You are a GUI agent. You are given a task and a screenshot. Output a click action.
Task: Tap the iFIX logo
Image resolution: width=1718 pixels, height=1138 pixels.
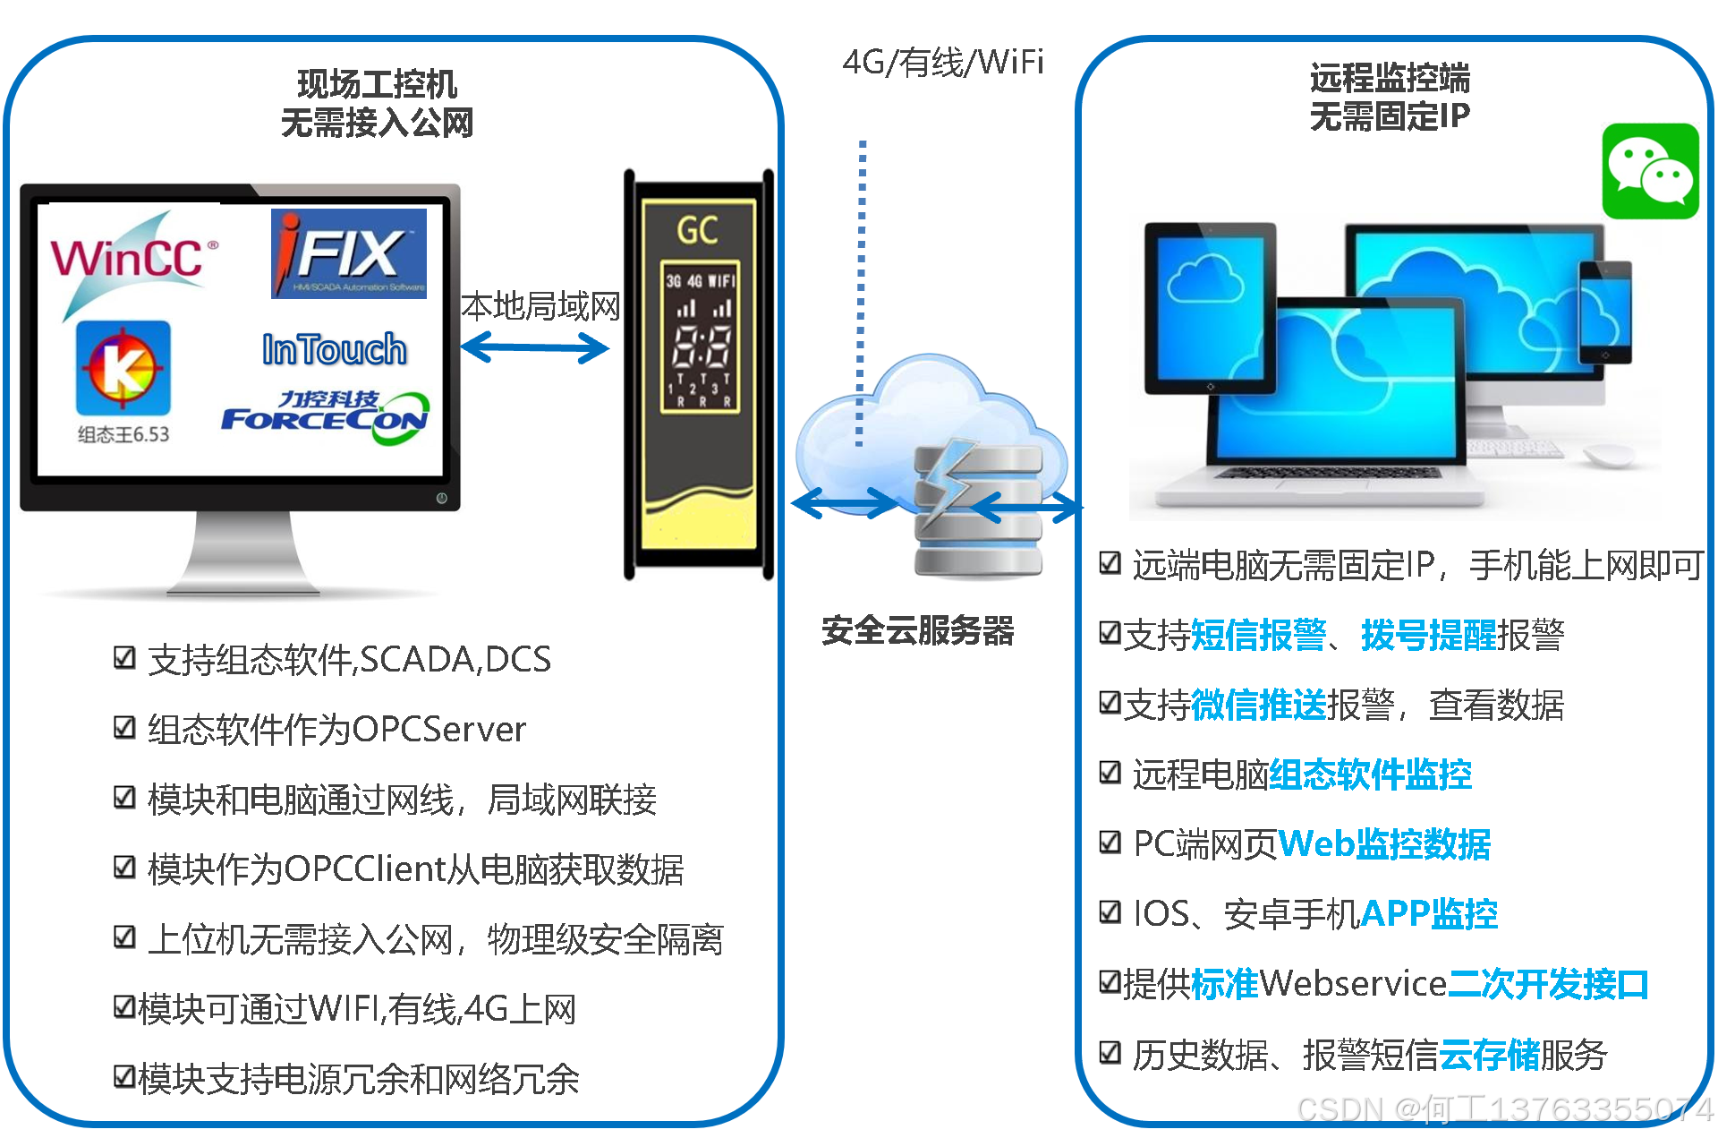(348, 253)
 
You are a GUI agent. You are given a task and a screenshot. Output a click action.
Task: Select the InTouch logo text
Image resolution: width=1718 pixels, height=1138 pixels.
(334, 349)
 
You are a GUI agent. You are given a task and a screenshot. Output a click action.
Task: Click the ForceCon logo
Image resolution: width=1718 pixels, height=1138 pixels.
(327, 417)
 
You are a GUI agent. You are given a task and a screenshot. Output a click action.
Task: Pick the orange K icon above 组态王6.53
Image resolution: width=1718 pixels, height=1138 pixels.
(123, 367)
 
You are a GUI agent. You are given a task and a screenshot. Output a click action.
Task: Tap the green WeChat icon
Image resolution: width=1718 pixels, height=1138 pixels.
(1649, 171)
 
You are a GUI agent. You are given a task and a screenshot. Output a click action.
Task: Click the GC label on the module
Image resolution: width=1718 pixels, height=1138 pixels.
(697, 230)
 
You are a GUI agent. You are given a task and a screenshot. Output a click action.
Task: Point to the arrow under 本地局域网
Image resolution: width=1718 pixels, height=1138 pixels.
(535, 347)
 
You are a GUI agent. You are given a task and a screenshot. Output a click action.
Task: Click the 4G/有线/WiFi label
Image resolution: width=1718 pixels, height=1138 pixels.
(942, 62)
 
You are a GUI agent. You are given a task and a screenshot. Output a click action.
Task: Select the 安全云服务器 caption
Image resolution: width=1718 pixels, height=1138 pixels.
(917, 631)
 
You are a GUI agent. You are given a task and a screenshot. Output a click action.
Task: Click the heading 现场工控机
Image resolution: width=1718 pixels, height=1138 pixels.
(377, 84)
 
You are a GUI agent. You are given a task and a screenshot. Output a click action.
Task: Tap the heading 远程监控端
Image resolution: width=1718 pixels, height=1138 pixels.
(1389, 78)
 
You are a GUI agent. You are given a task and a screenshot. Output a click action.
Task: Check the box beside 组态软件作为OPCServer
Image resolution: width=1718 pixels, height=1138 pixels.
(124, 728)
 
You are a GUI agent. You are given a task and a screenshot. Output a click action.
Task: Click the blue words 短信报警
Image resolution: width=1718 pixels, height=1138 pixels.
(1258, 635)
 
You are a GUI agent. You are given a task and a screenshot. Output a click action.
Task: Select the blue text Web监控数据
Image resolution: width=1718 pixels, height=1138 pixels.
(1384, 844)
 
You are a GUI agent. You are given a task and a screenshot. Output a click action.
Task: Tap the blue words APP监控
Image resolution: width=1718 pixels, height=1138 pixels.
(1428, 914)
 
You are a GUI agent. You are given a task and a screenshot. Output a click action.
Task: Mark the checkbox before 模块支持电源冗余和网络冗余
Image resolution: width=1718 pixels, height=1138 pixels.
(124, 1077)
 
